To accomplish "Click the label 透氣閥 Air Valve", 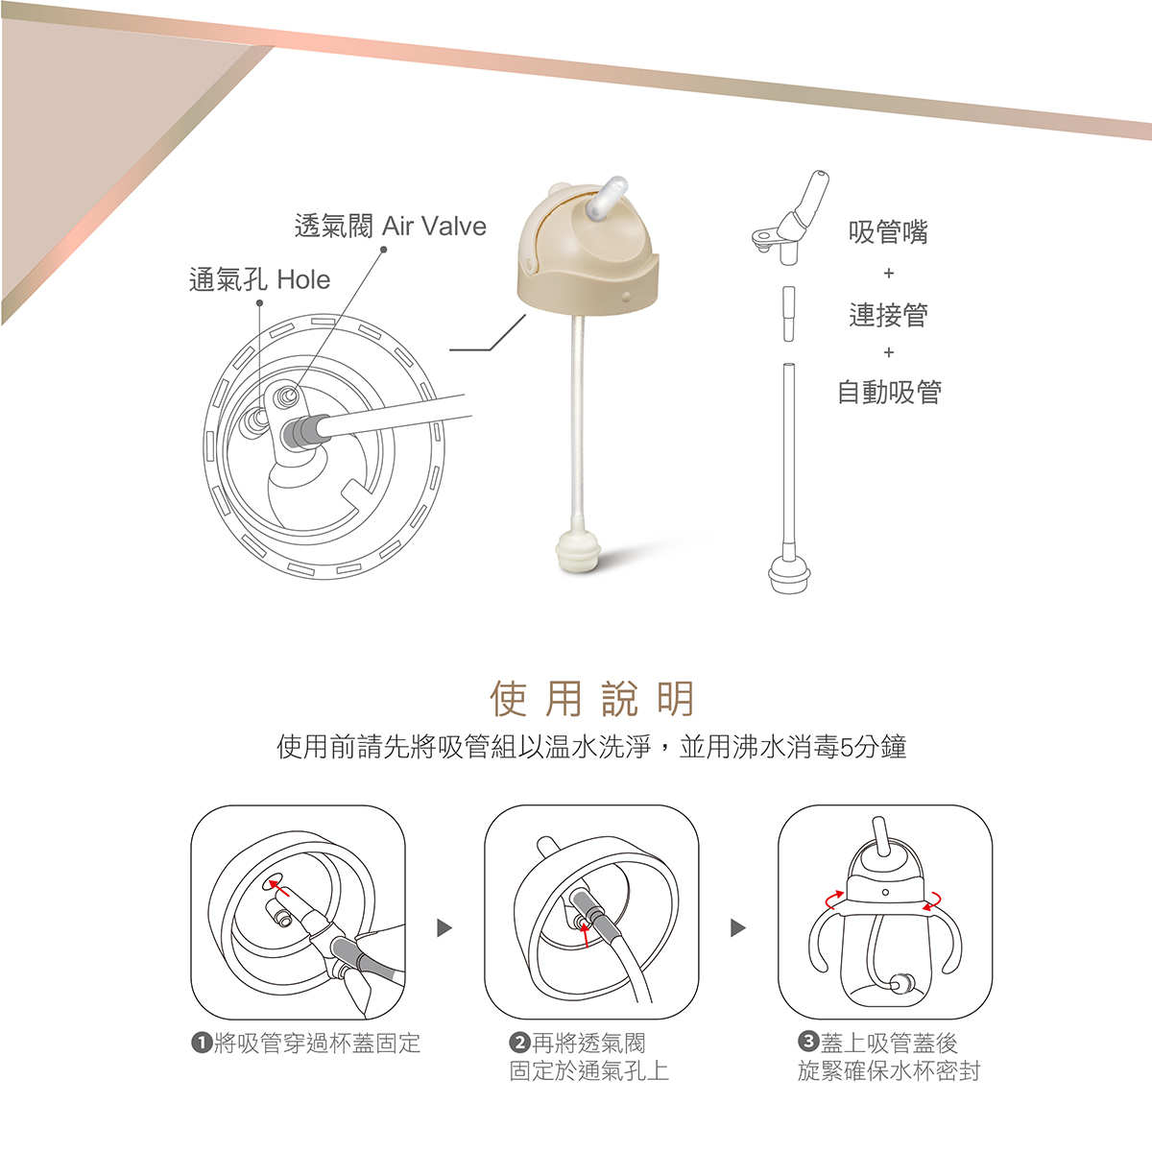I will pyautogui.click(x=390, y=227).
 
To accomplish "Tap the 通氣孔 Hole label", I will pyautogui.click(x=259, y=280).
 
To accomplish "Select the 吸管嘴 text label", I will pyautogui.click(x=888, y=232).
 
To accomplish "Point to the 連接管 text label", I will pyautogui.click(x=888, y=315).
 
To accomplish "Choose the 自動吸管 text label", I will pyautogui.click(x=889, y=393).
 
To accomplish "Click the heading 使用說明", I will pyautogui.click(x=591, y=699).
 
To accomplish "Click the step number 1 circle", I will pyautogui.click(x=202, y=1044).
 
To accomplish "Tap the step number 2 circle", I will pyautogui.click(x=519, y=1044).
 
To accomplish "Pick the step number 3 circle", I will pyautogui.click(x=808, y=1044).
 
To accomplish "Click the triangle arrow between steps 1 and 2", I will pyautogui.click(x=444, y=928).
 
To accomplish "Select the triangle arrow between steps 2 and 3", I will pyautogui.click(x=737, y=928).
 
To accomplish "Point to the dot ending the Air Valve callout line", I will pyautogui.click(x=383, y=250).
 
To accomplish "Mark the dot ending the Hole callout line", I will pyautogui.click(x=259, y=303).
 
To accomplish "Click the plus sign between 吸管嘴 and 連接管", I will pyautogui.click(x=888, y=275).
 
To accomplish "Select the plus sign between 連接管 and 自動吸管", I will pyautogui.click(x=888, y=353).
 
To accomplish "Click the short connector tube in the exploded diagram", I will pyautogui.click(x=788, y=313).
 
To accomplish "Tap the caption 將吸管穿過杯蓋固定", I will pyautogui.click(x=317, y=1044).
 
